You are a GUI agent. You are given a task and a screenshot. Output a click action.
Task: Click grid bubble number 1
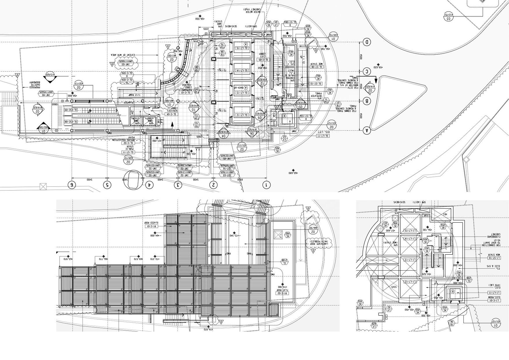click(266, 185)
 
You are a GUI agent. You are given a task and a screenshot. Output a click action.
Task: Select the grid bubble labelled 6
click(72, 185)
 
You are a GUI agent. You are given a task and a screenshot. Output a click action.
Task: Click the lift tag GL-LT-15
click(242, 48)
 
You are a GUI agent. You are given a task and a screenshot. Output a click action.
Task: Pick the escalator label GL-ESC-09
click(71, 110)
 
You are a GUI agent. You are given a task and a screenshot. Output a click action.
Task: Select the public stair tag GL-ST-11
click(128, 152)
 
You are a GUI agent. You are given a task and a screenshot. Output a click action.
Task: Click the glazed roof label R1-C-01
click(151, 226)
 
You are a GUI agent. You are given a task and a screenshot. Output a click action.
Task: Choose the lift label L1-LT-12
click(410, 281)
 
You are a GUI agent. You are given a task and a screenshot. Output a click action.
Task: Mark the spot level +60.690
click(293, 173)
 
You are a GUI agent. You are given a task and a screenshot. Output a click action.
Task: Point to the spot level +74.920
click(208, 329)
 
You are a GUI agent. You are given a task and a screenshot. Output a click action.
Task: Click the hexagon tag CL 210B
click(285, 262)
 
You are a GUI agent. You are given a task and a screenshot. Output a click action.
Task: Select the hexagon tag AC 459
click(360, 302)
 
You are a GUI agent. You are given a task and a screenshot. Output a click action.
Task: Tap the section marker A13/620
click(50, 75)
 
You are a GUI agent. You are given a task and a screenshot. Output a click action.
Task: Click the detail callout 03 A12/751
click(449, 16)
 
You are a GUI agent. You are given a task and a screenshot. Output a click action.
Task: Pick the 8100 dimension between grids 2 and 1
click(240, 180)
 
